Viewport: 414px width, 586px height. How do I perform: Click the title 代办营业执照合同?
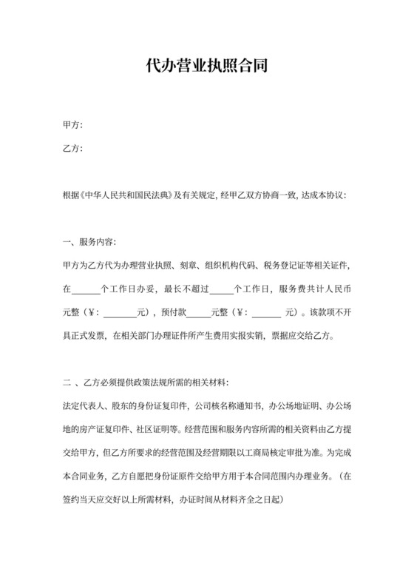point(207,65)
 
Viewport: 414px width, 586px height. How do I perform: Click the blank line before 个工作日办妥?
point(86,289)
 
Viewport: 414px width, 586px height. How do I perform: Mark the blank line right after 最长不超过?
point(221,289)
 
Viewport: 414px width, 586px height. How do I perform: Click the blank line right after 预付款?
point(199,311)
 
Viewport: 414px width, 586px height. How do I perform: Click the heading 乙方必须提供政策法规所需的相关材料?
point(156,382)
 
